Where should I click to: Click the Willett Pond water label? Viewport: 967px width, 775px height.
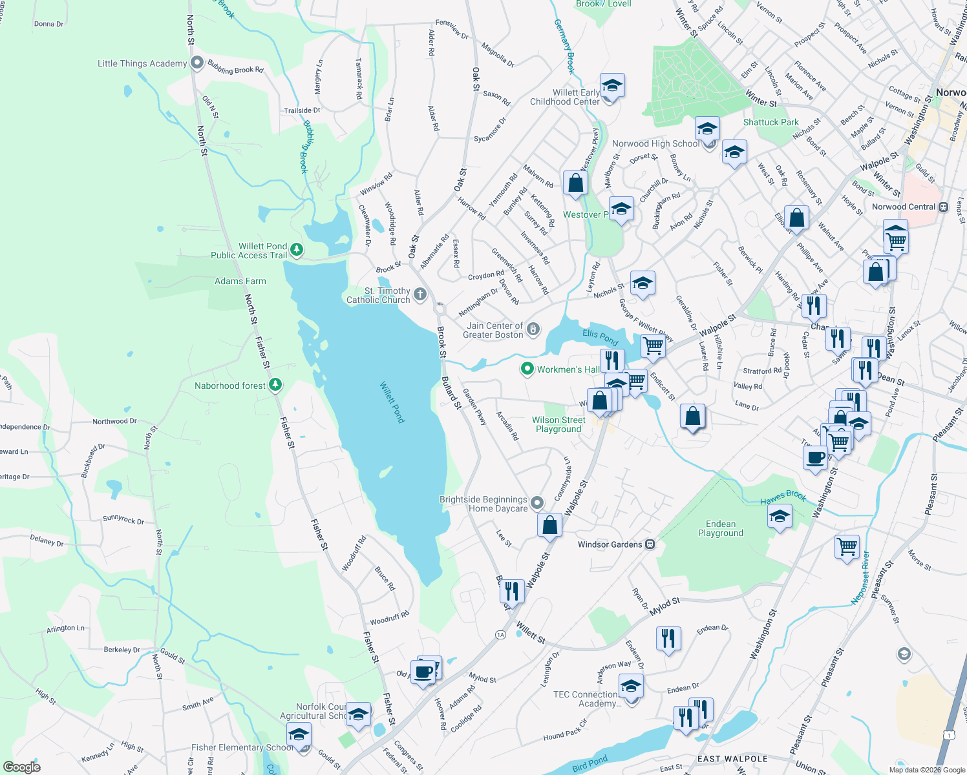(x=392, y=403)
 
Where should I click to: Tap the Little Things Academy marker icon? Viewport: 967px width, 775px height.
(x=197, y=63)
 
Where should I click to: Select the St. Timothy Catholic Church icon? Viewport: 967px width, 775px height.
(x=420, y=295)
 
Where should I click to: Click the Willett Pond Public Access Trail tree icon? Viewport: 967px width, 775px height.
(x=297, y=249)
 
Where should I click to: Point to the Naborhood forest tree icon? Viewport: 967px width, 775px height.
(x=275, y=385)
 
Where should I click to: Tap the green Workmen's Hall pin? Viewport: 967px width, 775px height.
(x=527, y=369)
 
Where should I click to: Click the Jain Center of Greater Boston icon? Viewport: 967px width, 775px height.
(x=533, y=329)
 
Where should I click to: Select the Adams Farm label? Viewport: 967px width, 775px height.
(x=240, y=281)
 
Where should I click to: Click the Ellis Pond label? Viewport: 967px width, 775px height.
(x=600, y=336)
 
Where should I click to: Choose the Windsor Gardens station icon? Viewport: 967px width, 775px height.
(x=650, y=544)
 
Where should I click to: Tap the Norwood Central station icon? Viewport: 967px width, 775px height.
(x=943, y=207)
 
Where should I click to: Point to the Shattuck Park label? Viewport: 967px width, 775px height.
(x=770, y=122)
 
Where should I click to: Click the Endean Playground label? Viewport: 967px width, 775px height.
(x=720, y=528)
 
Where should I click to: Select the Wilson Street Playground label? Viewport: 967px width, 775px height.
(x=558, y=424)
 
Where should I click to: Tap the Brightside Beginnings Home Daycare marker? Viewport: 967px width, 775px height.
(x=537, y=502)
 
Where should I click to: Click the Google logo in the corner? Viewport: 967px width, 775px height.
(x=22, y=767)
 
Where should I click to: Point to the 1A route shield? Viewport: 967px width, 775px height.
(x=500, y=635)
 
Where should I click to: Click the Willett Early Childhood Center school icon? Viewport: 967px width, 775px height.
(x=611, y=85)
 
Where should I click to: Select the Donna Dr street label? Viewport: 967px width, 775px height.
(x=48, y=24)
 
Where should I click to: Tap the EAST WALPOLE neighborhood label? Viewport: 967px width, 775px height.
(x=732, y=759)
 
